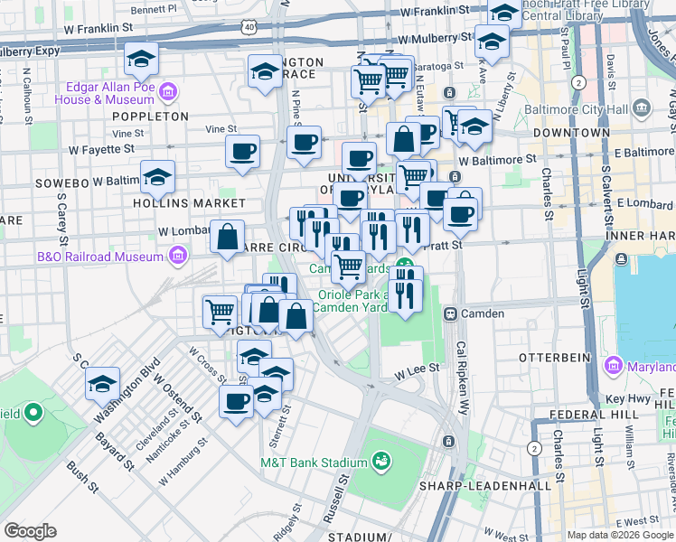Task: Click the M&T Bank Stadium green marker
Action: click(x=380, y=462)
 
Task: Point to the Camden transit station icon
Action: click(x=449, y=313)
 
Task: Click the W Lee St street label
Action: click(x=417, y=368)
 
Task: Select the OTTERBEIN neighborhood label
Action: click(x=556, y=358)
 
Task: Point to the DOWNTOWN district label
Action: click(x=571, y=132)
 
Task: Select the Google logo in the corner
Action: click(x=31, y=530)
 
